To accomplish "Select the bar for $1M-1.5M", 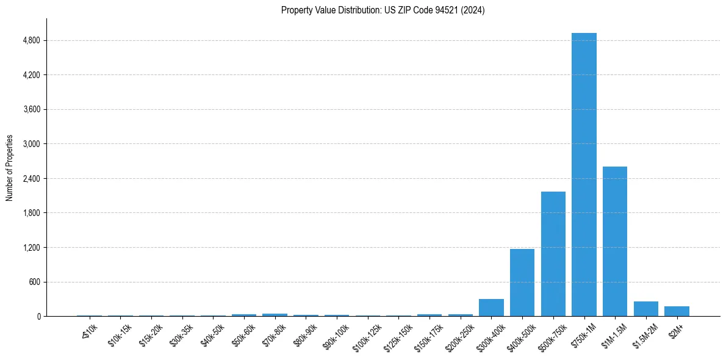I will pos(615,241).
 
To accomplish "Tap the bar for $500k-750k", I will pos(553,254).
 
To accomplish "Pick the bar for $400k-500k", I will pos(522,283).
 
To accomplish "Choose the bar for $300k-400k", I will pos(491,308).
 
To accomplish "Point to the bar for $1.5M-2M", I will pos(646,309).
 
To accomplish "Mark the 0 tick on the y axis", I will pos(38,317).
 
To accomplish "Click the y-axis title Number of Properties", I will pos(10,168).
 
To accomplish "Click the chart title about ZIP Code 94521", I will pos(383,10).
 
